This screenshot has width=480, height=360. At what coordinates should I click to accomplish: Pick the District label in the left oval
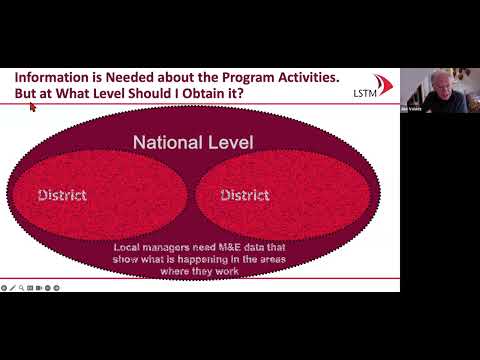[x=62, y=195]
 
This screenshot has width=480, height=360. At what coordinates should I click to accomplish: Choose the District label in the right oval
[x=245, y=195]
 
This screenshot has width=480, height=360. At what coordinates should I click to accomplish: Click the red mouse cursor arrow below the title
[x=32, y=107]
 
